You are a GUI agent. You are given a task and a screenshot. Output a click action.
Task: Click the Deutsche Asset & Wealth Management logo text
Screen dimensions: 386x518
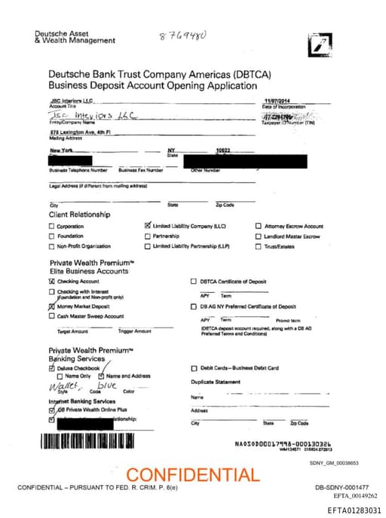[75, 37]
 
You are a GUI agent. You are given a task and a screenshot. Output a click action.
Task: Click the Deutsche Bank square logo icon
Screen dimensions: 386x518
[319, 45]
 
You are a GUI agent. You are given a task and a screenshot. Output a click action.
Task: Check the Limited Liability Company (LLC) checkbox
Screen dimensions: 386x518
[147, 225]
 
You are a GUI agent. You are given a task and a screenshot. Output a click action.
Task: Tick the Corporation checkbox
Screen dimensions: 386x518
[52, 226]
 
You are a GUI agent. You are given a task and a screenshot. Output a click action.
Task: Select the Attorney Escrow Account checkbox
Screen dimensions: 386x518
[259, 226]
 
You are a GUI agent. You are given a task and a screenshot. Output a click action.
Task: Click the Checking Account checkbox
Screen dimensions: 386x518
[52, 281]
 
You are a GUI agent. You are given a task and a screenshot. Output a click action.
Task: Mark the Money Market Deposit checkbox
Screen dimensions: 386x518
[52, 306]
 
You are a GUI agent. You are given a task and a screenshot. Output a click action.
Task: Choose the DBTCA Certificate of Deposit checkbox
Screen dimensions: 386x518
[193, 281]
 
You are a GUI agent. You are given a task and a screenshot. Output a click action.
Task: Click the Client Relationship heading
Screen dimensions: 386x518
[79, 215]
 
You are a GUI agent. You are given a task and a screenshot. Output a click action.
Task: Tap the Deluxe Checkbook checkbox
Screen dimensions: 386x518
[52, 368]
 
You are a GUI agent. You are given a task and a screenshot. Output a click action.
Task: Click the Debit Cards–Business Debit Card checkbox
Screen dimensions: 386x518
[194, 368]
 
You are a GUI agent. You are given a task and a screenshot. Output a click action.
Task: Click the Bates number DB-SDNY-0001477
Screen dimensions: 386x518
[342, 488]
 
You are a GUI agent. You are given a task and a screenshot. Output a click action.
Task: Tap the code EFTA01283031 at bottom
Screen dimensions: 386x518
[354, 510]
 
